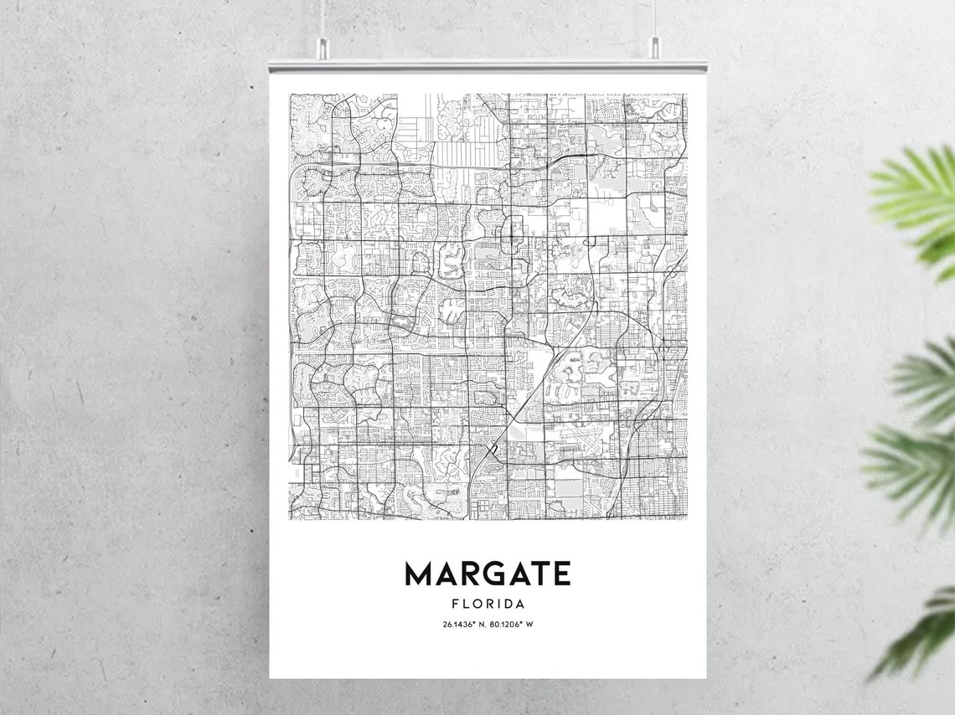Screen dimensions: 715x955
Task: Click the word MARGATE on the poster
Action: tap(488, 574)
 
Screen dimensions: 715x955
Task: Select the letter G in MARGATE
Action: tap(488, 574)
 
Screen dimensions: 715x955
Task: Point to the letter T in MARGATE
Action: tap(536, 574)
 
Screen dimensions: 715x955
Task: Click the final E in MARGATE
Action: tap(560, 574)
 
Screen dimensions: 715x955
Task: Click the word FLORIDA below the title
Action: tap(488, 604)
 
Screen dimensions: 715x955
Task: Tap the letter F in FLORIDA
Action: tap(455, 604)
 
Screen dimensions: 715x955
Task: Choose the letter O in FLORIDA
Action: tap(478, 604)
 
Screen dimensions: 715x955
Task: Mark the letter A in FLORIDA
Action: tap(519, 604)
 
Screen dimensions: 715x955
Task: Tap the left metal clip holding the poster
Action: tap(322, 49)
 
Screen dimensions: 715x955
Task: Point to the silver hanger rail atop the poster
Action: tap(488, 65)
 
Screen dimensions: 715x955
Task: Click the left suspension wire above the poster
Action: tap(322, 17)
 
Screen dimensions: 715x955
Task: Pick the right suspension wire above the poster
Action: tap(654, 17)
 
